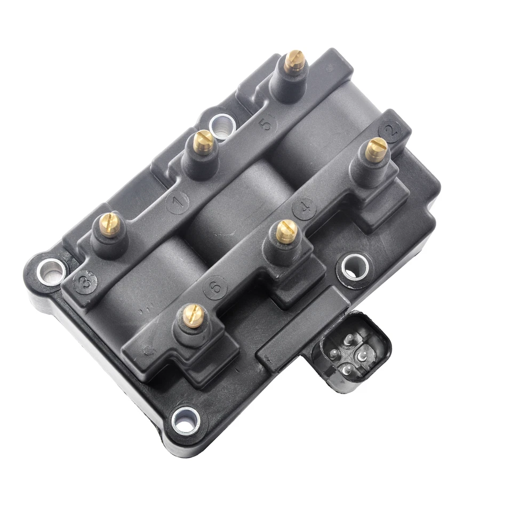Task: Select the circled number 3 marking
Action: pos(85,282)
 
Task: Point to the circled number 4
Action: pos(305,209)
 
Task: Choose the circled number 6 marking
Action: pos(215,288)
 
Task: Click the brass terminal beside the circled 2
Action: pos(376,149)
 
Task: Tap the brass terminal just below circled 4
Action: pos(286,231)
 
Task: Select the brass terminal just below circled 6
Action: pos(194,316)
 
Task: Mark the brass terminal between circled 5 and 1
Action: pos(203,142)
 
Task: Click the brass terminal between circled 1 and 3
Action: pos(110,225)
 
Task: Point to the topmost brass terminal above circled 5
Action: pos(294,61)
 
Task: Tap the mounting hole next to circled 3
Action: pos(52,270)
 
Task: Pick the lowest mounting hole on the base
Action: pos(186,420)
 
